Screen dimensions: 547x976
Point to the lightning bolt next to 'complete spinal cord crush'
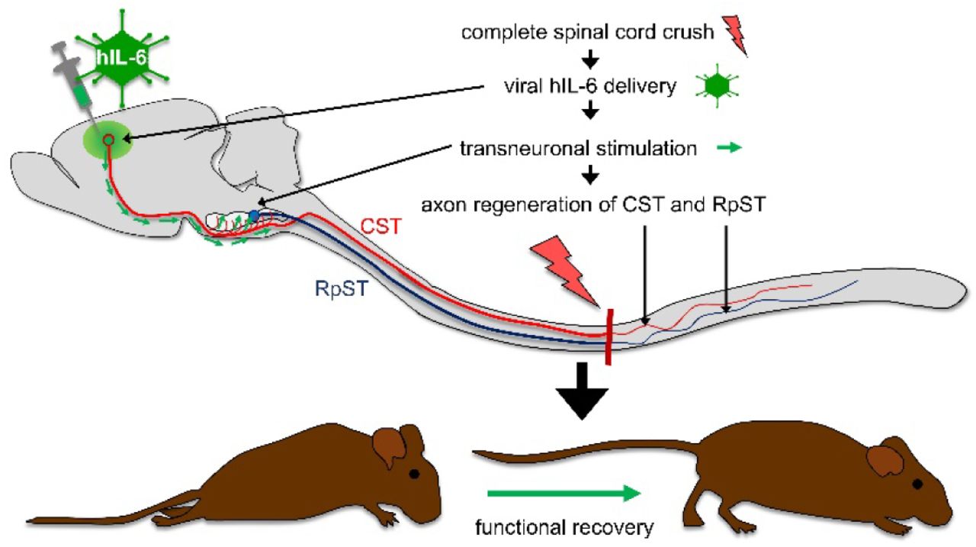(734, 34)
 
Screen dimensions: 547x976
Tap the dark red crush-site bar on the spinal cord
(608, 336)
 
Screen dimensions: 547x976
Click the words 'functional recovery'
(564, 526)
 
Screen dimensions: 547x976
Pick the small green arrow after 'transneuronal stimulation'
(729, 149)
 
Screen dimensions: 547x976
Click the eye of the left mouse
(414, 474)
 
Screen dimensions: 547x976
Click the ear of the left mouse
(390, 446)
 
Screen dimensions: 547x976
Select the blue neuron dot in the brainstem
(253, 214)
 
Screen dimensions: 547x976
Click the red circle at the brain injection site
(109, 140)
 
